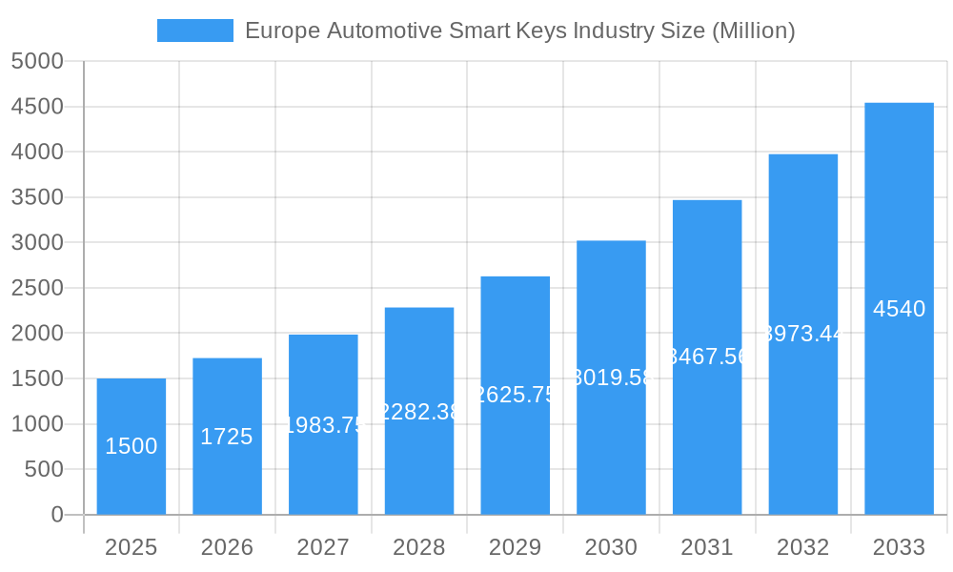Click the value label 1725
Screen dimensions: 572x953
click(x=227, y=437)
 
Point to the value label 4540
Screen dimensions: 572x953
click(x=899, y=309)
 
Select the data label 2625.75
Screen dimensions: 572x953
click(x=515, y=395)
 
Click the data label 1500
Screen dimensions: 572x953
click(x=132, y=446)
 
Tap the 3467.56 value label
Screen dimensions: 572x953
click(x=707, y=357)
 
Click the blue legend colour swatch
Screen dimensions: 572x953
click(x=194, y=31)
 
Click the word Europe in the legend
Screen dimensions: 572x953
click(x=282, y=31)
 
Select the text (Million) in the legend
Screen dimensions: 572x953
click(x=753, y=31)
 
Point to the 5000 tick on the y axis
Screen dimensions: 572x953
click(x=37, y=62)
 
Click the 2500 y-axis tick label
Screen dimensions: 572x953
click(x=37, y=288)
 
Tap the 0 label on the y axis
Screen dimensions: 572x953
click(x=56, y=515)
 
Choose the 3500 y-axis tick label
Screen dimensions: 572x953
click(x=37, y=197)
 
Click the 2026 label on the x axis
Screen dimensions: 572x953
click(x=227, y=547)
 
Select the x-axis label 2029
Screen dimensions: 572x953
click(x=515, y=547)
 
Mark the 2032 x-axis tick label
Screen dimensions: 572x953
click(x=802, y=547)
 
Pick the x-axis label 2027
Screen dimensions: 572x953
click(x=323, y=547)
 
